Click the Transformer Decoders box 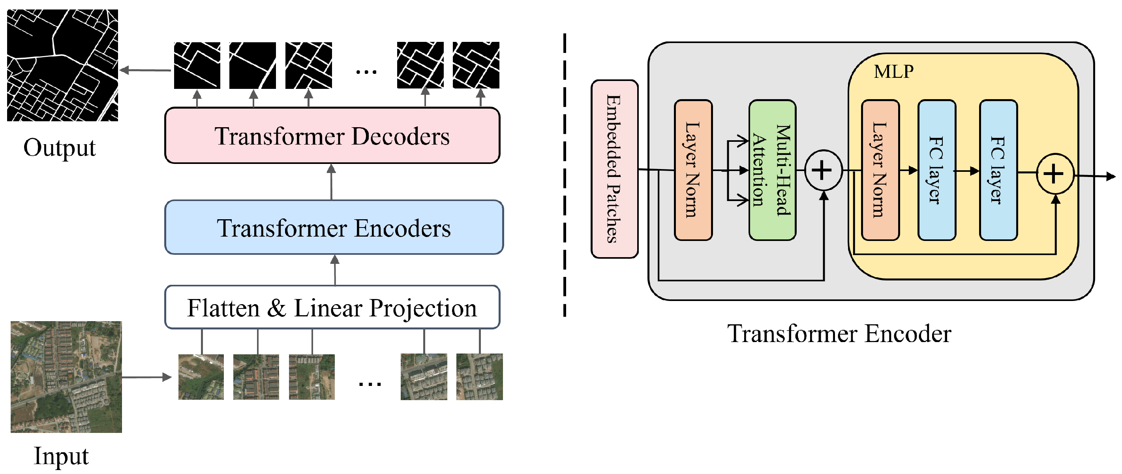[x=332, y=136]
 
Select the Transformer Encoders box [x=334, y=228]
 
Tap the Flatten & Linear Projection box [x=332, y=308]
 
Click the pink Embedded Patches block [x=614, y=169]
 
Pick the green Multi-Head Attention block [x=772, y=170]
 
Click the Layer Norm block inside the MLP [x=880, y=170]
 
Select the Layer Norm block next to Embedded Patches [x=692, y=170]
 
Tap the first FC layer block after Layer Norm [x=936, y=170]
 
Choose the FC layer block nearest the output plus [x=998, y=170]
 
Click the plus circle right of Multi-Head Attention [x=823, y=170]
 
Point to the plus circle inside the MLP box [x=1054, y=174]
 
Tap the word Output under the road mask [x=59, y=148]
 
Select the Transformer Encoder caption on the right [x=839, y=334]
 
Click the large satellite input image [x=66, y=377]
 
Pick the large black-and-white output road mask [x=62, y=65]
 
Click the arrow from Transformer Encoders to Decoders [x=332, y=182]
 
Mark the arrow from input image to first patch [x=146, y=377]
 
